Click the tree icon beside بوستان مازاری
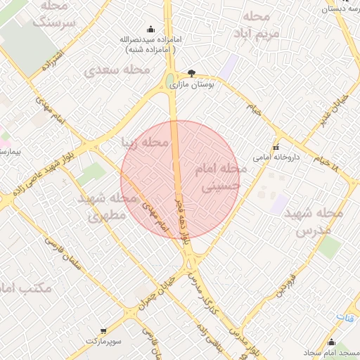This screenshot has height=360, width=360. tap(191, 72)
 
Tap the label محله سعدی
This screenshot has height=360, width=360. tap(117, 70)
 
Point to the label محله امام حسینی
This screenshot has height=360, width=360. tap(223, 179)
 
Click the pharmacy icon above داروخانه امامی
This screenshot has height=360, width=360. tap(276, 148)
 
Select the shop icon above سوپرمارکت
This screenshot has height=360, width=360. tap(104, 330)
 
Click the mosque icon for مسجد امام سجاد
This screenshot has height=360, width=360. tap(332, 342)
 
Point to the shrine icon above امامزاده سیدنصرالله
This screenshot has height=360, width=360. tap(150, 29)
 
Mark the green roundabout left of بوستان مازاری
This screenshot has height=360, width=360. tap(171, 82)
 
